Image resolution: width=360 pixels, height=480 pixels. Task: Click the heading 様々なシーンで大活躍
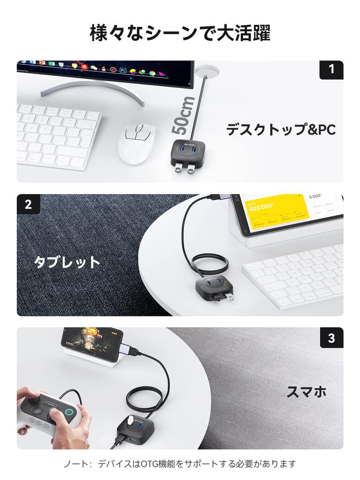(x=180, y=34)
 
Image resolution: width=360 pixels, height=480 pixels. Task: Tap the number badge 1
(x=331, y=70)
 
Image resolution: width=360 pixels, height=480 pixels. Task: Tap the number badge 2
(x=29, y=204)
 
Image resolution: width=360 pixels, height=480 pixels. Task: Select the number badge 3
(x=331, y=338)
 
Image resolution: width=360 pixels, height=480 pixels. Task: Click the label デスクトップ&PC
(x=281, y=130)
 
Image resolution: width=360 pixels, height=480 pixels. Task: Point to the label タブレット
(x=67, y=262)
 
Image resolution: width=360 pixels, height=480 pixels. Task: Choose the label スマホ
(x=307, y=392)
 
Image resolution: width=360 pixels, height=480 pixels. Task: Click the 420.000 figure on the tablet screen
(x=261, y=207)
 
